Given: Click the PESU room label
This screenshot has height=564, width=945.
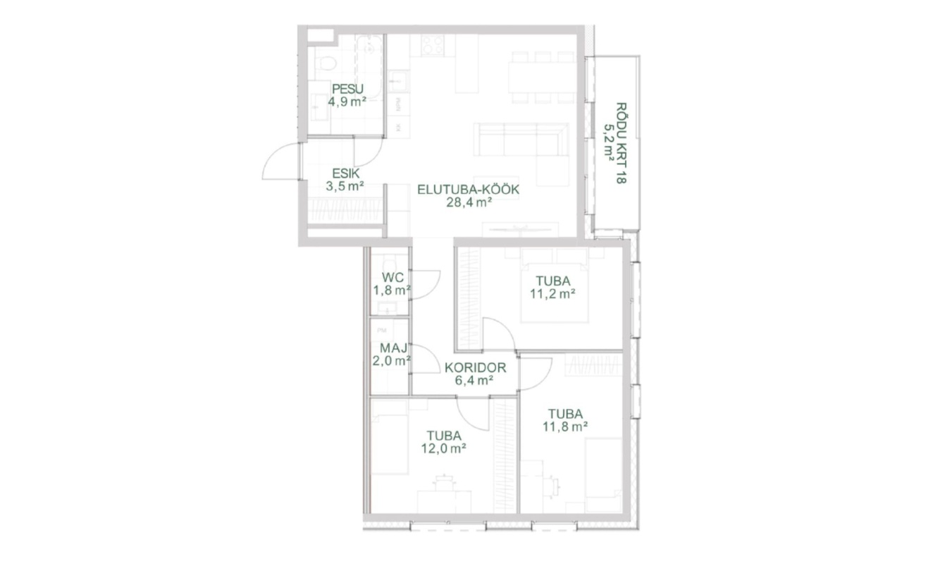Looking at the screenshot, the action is [x=347, y=89].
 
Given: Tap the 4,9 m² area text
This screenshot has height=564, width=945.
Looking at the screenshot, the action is [x=347, y=102].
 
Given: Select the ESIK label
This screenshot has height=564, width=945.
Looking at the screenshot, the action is [x=346, y=173].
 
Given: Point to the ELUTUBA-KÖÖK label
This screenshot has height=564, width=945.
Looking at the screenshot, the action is [x=469, y=190].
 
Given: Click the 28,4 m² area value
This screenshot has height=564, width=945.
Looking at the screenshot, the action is [x=469, y=202].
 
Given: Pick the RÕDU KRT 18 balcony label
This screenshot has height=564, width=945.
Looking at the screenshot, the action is [x=621, y=143].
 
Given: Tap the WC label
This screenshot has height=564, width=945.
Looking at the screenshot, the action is [x=393, y=277].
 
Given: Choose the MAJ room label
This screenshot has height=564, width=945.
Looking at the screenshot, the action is [x=394, y=348].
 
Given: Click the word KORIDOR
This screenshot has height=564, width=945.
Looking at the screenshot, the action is [x=476, y=368].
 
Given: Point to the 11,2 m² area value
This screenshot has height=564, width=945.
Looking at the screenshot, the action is [x=552, y=294].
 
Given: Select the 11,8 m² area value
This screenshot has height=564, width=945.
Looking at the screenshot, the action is [x=565, y=427].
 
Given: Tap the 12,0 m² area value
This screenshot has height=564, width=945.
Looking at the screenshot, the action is [x=444, y=448].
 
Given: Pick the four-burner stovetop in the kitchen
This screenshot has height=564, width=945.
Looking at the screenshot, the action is [x=433, y=45].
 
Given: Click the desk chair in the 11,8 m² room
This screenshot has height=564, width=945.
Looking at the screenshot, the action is [x=552, y=486].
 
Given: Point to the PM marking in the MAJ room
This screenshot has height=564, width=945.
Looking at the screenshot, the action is [x=382, y=330].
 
